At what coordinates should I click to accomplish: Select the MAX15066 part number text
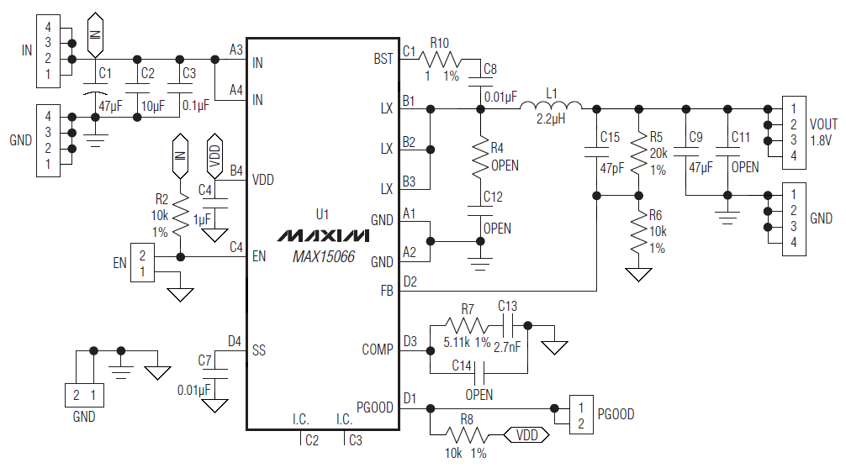coord(324,257)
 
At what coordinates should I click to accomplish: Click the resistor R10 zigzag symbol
coord(440,60)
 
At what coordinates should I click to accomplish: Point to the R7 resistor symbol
coord(465,324)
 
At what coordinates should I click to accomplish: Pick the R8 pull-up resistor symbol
coord(466,434)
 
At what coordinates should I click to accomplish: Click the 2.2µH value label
coord(552,120)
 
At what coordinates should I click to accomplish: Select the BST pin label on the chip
coord(383,59)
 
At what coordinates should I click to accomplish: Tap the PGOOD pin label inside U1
coord(375,408)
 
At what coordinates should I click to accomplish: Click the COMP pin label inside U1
coord(378,350)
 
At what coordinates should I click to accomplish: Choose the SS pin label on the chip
coord(258,350)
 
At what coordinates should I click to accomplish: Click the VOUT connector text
coord(823,124)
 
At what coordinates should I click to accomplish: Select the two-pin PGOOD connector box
coord(580,414)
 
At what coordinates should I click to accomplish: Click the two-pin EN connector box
coord(143,263)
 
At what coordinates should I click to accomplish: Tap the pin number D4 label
coord(235,340)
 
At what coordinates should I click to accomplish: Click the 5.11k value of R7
coord(457,343)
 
